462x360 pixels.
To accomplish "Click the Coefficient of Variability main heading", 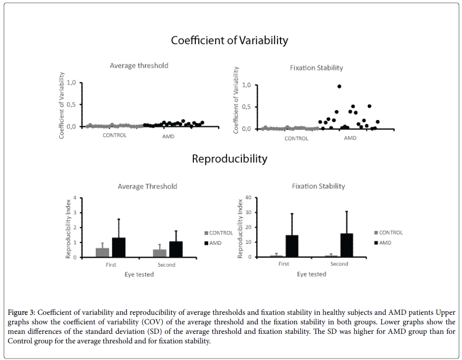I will [229, 40].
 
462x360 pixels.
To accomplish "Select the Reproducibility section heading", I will [229, 159].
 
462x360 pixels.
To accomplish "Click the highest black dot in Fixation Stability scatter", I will [339, 86].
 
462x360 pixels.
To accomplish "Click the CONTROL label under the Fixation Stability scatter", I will [296, 139].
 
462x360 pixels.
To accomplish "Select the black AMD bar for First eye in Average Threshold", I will [119, 248].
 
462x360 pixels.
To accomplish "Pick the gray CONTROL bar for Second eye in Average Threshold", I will [160, 253].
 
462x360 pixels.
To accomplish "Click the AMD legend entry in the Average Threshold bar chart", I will [217, 243].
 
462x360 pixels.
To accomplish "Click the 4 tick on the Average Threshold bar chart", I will [75, 198].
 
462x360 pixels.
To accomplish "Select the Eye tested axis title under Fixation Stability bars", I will [311, 274].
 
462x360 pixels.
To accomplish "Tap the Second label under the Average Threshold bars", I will [166, 265].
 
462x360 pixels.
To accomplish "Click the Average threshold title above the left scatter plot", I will [139, 66].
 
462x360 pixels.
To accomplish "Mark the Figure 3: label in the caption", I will [21, 313].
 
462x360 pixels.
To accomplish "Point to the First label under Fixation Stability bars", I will [284, 264].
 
